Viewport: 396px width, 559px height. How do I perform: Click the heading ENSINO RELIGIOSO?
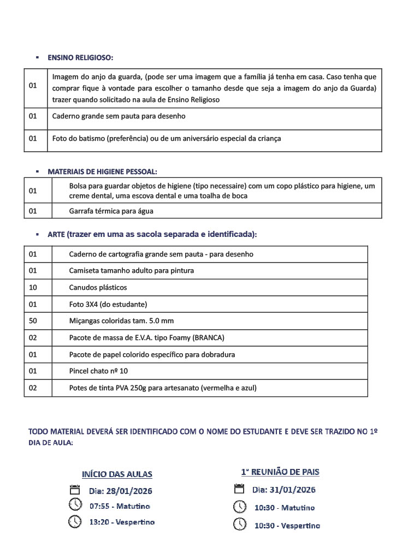[80, 57]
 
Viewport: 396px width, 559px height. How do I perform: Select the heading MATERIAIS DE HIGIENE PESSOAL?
[102, 171]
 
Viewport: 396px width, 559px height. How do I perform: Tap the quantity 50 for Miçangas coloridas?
[33, 320]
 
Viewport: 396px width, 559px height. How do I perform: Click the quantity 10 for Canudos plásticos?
[33, 287]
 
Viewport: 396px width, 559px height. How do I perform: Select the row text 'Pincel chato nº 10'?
[98, 371]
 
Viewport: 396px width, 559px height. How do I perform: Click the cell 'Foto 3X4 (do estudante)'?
[108, 304]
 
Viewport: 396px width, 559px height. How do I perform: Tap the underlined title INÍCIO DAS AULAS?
[117, 474]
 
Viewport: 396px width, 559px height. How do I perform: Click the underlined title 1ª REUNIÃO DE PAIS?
[280, 472]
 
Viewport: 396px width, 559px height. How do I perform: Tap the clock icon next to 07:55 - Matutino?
[75, 505]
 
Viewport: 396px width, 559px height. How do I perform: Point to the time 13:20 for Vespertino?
[100, 522]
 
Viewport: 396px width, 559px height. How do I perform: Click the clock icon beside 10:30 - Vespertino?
[240, 525]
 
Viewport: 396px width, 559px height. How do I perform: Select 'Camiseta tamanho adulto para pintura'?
[131, 270]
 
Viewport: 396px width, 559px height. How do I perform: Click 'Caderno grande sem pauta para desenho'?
[119, 116]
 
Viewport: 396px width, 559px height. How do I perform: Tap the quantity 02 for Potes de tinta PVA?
[33, 388]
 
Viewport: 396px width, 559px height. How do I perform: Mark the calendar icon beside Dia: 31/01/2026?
[239, 489]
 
